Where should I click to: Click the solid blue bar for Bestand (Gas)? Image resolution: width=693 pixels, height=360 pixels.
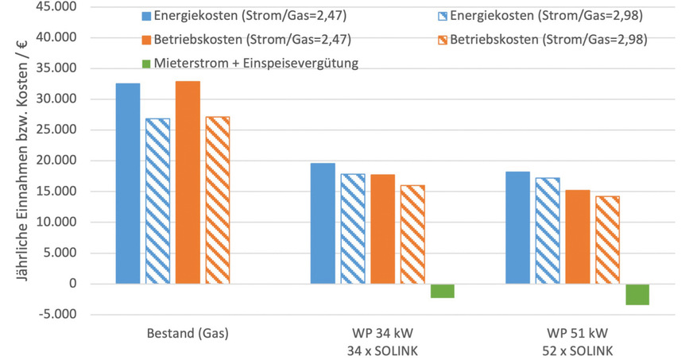click(x=127, y=183)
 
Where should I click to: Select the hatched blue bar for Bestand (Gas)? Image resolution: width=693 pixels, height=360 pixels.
click(x=157, y=200)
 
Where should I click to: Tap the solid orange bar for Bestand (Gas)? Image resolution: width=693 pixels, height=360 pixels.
click(x=188, y=182)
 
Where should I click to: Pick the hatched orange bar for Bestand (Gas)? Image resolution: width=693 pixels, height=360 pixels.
click(x=217, y=200)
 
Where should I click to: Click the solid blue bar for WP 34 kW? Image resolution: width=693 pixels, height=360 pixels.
click(x=323, y=223)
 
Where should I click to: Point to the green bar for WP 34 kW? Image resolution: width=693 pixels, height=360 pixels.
click(x=442, y=291)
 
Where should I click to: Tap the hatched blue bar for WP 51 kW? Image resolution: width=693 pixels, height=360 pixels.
click(x=548, y=230)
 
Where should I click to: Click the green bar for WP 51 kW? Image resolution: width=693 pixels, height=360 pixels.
click(x=637, y=294)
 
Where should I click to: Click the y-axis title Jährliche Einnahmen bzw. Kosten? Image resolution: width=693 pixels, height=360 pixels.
click(x=15, y=159)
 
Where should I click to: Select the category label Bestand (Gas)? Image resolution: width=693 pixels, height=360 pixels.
click(x=188, y=334)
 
